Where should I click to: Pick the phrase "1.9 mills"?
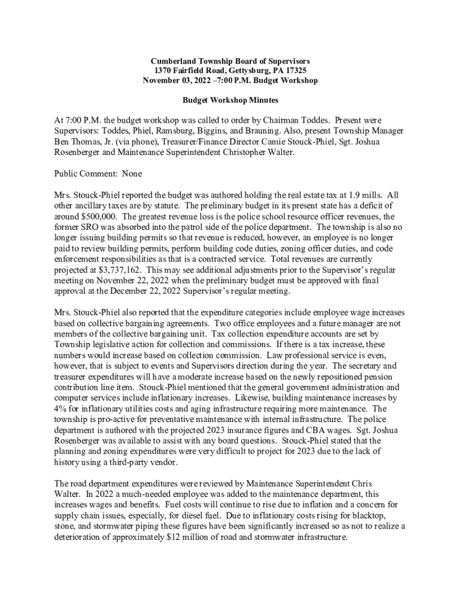point(365,195)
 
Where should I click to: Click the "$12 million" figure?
point(187,537)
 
